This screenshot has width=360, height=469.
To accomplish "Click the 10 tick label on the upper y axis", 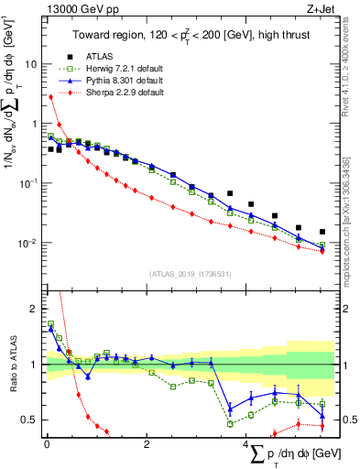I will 31,65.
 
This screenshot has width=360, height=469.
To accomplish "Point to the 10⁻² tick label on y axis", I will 28,243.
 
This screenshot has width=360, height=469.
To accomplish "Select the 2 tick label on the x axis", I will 147,444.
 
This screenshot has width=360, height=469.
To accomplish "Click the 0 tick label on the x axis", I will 47,444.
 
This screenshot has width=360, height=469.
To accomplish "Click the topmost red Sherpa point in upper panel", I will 50,96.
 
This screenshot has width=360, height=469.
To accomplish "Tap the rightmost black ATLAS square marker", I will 322,232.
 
